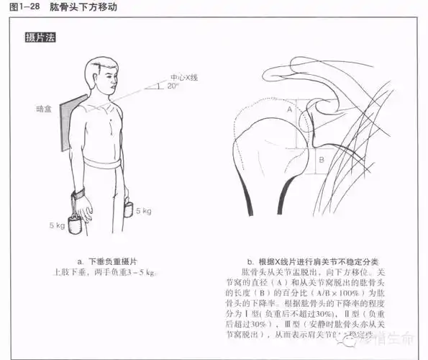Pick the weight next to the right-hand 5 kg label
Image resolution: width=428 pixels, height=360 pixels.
[128, 210]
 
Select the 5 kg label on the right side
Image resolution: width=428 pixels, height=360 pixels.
[144, 211]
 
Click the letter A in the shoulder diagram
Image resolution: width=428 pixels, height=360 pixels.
[289, 109]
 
